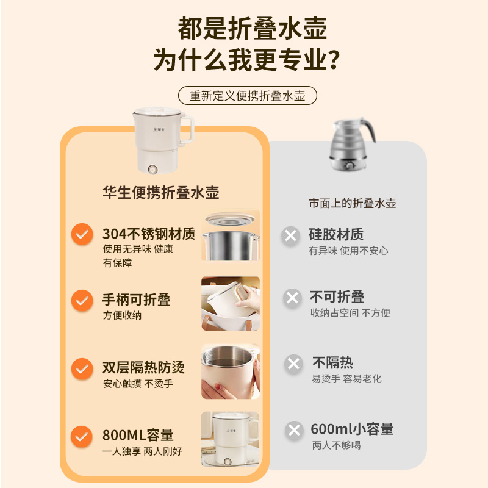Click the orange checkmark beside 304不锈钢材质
point(82,234)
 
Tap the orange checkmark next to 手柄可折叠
point(82,300)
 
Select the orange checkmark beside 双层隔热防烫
point(82,369)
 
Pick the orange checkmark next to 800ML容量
point(82,436)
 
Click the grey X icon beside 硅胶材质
point(291,236)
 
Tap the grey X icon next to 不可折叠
point(292,298)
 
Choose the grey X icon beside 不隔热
point(293,364)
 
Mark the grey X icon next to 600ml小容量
point(294,431)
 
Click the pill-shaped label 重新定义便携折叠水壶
point(248,96)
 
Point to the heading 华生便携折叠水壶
point(161,192)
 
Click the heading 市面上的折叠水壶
point(353,203)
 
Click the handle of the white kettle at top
point(187,129)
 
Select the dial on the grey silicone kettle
point(350,165)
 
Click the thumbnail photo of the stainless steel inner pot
point(231,235)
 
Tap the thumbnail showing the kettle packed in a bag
point(231,303)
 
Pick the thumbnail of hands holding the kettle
point(231,371)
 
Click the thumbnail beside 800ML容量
point(230,439)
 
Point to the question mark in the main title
point(333,60)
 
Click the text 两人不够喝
point(337,445)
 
